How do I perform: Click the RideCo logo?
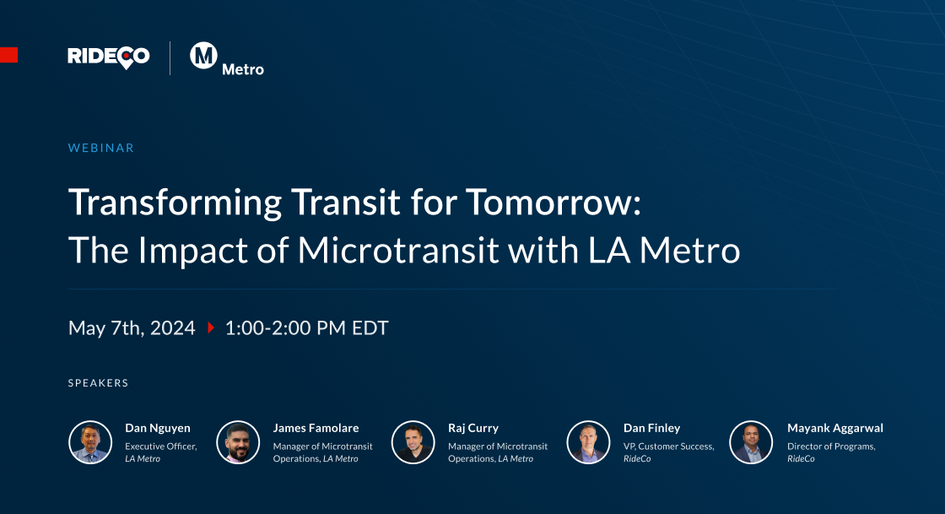pyautogui.click(x=109, y=57)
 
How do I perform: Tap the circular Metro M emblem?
pyautogui.click(x=204, y=56)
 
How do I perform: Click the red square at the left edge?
pyautogui.click(x=8, y=56)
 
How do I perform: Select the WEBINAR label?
pyautogui.click(x=101, y=148)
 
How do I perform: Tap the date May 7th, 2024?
pyautogui.click(x=132, y=327)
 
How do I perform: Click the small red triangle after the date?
pyautogui.click(x=211, y=327)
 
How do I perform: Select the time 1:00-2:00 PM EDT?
pyautogui.click(x=306, y=327)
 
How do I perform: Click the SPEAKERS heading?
pyautogui.click(x=98, y=383)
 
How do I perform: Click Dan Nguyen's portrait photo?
pyautogui.click(x=90, y=442)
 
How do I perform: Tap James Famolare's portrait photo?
pyautogui.click(x=238, y=442)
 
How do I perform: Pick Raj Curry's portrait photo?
pyautogui.click(x=413, y=442)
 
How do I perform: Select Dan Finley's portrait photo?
pyautogui.click(x=588, y=442)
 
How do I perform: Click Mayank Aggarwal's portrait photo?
pyautogui.click(x=751, y=442)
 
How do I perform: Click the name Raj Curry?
pyautogui.click(x=473, y=428)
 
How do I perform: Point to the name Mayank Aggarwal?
pyautogui.click(x=835, y=428)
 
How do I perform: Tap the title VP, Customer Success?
pyautogui.click(x=668, y=446)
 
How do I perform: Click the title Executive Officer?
pyautogui.click(x=160, y=446)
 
